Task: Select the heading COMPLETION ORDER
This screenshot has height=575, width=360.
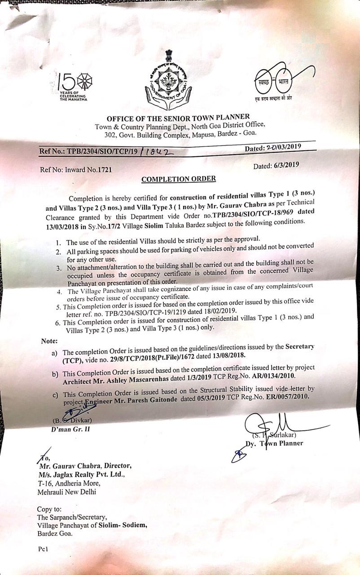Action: (x=179, y=179)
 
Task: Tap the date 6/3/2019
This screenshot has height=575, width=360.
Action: (x=286, y=165)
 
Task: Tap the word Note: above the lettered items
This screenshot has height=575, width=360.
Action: (x=49, y=341)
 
